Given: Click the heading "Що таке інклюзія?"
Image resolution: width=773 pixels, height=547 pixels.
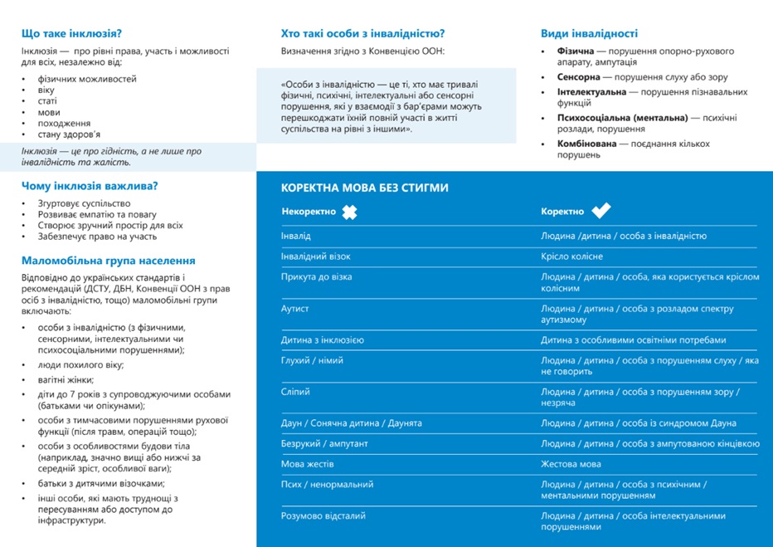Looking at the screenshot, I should point(71,34).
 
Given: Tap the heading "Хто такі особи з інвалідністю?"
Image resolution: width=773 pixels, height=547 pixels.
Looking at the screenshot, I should point(363,34).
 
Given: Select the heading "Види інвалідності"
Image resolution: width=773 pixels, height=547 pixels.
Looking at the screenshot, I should point(589,34).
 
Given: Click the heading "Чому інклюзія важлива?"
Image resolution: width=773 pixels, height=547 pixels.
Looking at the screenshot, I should point(90,186).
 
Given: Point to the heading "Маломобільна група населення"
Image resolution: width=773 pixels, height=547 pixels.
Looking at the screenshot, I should point(109,260).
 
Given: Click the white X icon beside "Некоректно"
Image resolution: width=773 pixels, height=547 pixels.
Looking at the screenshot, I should point(349,212).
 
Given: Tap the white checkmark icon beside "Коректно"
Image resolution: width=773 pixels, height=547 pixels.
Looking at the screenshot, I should point(600,211).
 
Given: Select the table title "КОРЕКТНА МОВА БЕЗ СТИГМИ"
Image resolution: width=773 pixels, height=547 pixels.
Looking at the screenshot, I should point(365,188).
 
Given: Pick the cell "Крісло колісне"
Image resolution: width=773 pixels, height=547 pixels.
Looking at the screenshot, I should point(571,256).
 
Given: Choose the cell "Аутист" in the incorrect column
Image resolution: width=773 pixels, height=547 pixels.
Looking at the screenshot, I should point(295,309).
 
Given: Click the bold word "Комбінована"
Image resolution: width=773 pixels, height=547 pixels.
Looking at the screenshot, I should point(587,144).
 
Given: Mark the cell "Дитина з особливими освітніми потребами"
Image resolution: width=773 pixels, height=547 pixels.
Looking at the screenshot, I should point(633,340).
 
